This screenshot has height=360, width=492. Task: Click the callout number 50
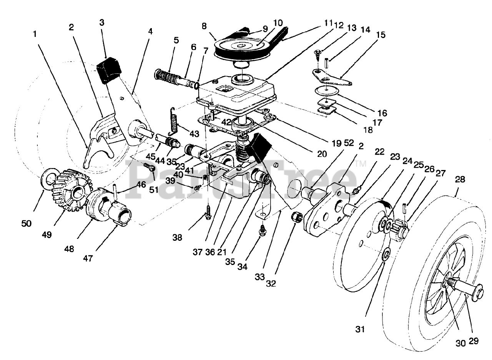pos(27,224)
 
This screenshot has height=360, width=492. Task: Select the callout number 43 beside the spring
pos(194,133)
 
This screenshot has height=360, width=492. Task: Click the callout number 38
pos(177,238)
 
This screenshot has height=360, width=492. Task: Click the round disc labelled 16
pos(327,90)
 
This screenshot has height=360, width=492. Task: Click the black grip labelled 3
pos(109,70)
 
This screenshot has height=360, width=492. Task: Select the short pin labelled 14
pos(326,63)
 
